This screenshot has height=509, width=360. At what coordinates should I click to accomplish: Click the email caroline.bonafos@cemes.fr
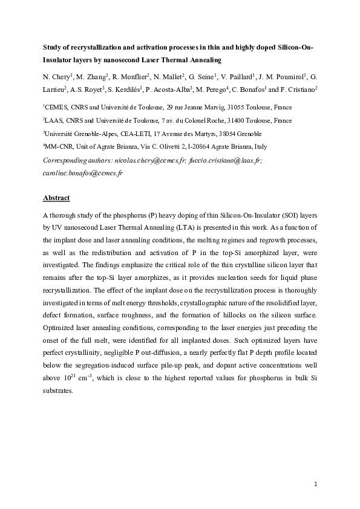[x=83, y=173]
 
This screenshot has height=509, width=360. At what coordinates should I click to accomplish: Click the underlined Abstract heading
[x=56, y=198]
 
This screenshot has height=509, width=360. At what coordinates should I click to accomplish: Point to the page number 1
[x=316, y=484]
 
